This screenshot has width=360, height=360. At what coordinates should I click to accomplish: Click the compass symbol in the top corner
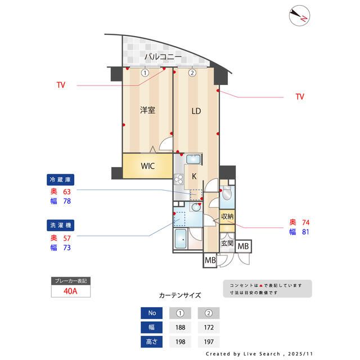[x=299, y=16]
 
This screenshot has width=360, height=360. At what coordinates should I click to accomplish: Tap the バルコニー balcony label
[x=163, y=57]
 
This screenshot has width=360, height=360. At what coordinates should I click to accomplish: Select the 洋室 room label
[x=147, y=111]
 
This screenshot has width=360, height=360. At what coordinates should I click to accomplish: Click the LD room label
[x=196, y=111]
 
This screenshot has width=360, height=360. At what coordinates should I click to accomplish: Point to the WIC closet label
[x=147, y=166]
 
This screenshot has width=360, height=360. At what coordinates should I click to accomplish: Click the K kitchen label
[x=194, y=177]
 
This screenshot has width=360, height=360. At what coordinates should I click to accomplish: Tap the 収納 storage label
[x=227, y=217]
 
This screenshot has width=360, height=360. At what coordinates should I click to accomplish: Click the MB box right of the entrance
[x=244, y=246]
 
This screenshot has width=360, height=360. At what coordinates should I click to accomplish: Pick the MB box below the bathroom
[x=210, y=260]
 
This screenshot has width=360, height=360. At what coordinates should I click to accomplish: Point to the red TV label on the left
[x=61, y=85]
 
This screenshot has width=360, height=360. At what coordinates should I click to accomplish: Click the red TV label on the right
[x=299, y=97]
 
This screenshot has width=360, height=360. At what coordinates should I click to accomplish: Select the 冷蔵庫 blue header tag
[x=60, y=180]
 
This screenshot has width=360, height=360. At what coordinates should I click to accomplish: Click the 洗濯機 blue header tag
[x=60, y=225]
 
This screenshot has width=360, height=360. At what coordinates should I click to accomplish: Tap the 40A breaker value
[x=71, y=291]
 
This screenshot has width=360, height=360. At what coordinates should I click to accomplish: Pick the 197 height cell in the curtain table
[x=208, y=341]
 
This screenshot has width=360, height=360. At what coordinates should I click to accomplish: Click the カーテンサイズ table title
[x=179, y=295]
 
